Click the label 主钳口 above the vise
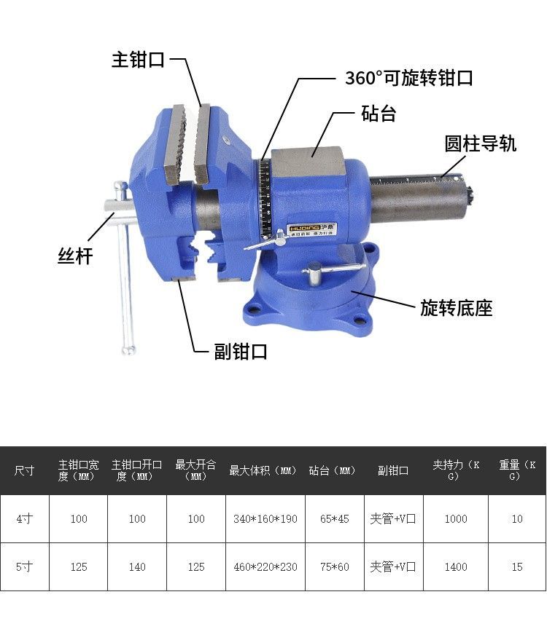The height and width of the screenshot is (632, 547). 138,60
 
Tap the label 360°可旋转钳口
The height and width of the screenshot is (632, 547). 409,77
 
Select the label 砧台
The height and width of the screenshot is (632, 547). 379,114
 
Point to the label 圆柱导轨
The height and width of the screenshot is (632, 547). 481,143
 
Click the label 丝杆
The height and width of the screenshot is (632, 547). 76,256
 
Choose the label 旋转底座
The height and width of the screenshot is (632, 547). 457,308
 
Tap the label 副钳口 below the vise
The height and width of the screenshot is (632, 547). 241,352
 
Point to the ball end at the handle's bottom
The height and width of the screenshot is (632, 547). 129,350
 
